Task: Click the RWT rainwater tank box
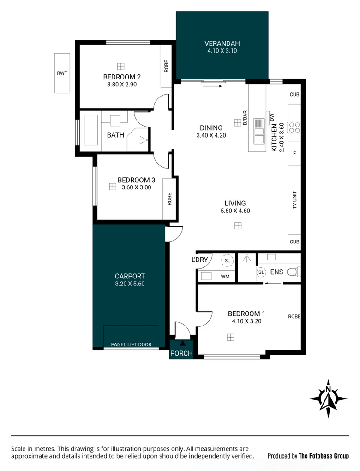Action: pos(62,72)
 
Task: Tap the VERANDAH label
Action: pos(222,44)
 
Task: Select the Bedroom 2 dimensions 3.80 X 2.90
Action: pos(122,85)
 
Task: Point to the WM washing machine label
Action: pos(225,277)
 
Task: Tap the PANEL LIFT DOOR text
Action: pos(131,344)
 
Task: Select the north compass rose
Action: pos(328,399)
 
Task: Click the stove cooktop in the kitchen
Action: pos(294,127)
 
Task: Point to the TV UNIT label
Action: pos(294,201)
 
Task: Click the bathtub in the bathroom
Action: pos(90,130)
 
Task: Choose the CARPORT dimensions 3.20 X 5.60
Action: pos(130,284)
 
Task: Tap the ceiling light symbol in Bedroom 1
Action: pos(230,337)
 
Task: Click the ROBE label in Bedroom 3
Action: pos(170,199)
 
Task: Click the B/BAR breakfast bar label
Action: pos(245,117)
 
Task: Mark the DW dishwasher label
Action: pos(272,117)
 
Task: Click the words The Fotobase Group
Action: pos(324,456)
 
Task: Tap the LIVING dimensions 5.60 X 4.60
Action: pos(235,211)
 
